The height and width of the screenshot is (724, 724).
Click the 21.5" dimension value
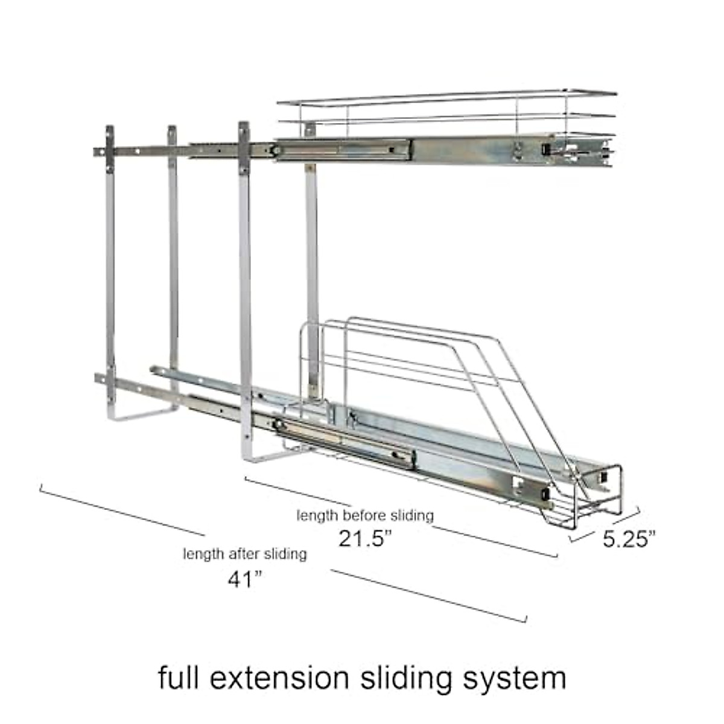pos(365,539)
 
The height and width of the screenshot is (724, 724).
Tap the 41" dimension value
pos(244,580)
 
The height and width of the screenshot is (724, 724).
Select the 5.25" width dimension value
pos(629,539)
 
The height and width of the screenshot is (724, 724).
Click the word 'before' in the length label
pos(364,515)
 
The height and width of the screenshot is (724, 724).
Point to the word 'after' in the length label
pos(244,554)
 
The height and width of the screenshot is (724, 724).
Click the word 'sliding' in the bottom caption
pos(406,680)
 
